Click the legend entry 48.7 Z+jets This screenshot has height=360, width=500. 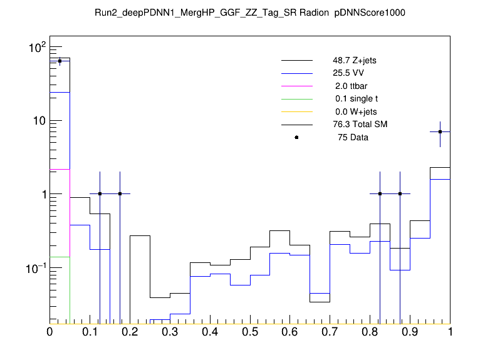click(x=355, y=61)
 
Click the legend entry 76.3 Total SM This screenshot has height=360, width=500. click(x=360, y=125)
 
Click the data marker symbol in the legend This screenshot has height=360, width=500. click(x=296, y=137)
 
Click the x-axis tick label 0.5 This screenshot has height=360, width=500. click(x=250, y=333)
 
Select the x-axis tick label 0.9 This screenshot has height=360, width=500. click(x=410, y=333)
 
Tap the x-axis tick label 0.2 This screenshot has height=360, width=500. click(x=130, y=333)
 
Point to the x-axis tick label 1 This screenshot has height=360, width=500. click(x=449, y=333)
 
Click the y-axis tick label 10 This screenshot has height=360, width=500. click(x=39, y=120)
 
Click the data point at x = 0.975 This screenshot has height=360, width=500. click(x=440, y=131)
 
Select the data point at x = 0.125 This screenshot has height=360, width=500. click(x=100, y=194)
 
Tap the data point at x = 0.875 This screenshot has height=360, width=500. click(x=400, y=194)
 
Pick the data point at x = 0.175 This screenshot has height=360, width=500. click(x=120, y=194)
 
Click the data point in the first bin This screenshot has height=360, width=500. click(x=60, y=61)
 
